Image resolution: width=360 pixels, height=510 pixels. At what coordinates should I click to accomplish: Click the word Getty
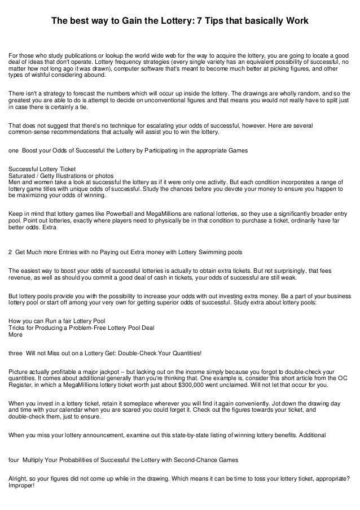(53, 176)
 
